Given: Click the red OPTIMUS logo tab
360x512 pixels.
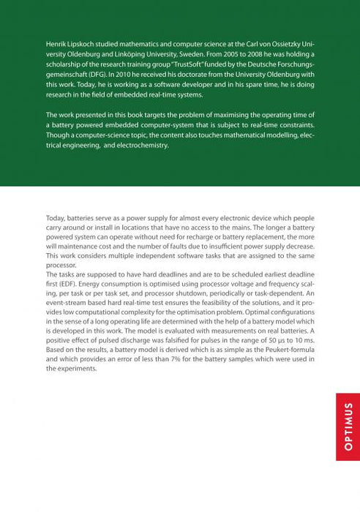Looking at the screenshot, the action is [x=348, y=426].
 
